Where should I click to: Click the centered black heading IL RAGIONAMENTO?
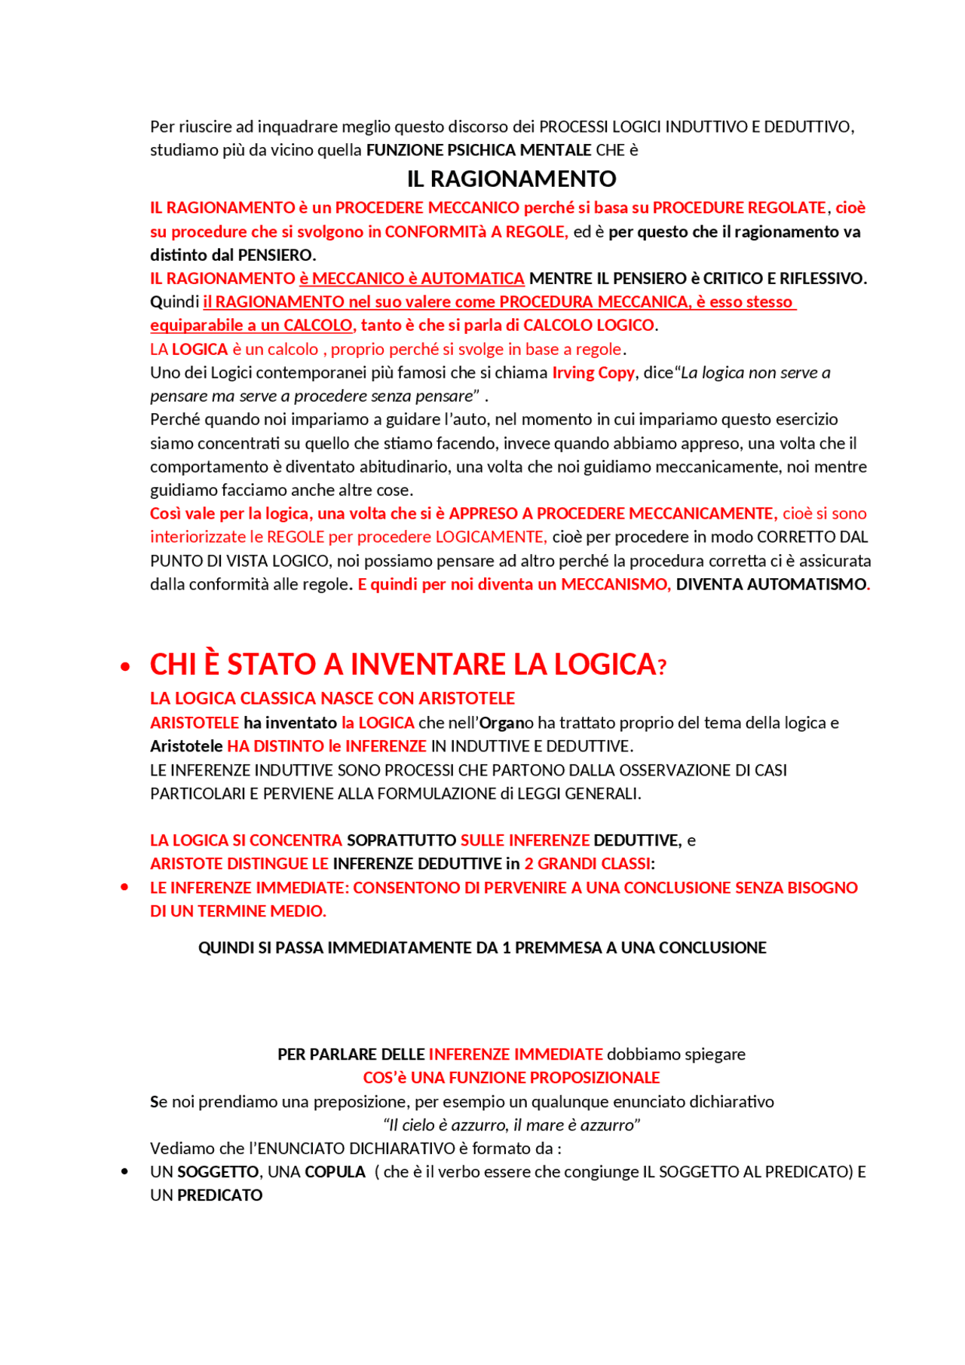click(x=511, y=179)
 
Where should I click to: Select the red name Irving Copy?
click(x=593, y=372)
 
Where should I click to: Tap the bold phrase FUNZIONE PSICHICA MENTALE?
click(x=479, y=150)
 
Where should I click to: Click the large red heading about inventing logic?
click(x=403, y=664)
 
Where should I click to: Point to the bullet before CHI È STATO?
click(x=125, y=666)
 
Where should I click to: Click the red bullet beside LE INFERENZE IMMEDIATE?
click(x=125, y=887)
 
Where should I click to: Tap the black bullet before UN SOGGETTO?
click(x=125, y=1171)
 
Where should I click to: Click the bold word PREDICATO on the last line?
click(x=219, y=1195)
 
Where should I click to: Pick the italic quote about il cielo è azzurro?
click(x=511, y=1125)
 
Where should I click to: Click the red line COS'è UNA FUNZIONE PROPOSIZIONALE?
click(x=511, y=1077)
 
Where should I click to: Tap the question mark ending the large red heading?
click(x=662, y=667)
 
